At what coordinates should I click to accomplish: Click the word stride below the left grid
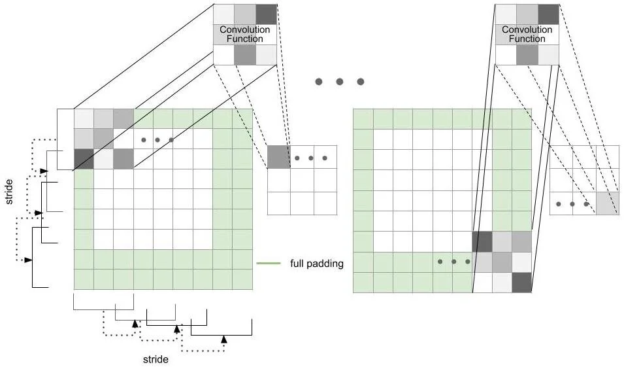click(x=156, y=359)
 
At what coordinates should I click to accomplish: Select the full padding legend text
click(x=317, y=264)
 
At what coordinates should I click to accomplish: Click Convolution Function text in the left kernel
click(x=245, y=34)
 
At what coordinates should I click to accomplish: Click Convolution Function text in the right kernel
click(x=527, y=34)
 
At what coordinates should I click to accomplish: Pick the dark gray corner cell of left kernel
click(x=266, y=14)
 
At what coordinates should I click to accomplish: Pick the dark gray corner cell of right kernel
click(x=548, y=14)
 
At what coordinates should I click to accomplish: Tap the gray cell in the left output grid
click(x=278, y=157)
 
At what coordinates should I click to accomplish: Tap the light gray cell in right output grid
click(x=607, y=203)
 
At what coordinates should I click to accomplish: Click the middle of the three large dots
click(x=340, y=82)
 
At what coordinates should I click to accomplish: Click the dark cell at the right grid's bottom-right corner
click(x=521, y=282)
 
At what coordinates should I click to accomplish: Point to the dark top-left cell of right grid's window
click(x=482, y=241)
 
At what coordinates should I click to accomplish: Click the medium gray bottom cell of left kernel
click(x=245, y=55)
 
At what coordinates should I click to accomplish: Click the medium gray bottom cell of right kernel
click(x=527, y=55)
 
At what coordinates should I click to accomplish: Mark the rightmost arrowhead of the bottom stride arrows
click(x=223, y=339)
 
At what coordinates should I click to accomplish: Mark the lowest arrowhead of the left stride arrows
click(x=28, y=260)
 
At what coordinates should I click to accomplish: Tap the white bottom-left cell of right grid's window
click(x=482, y=282)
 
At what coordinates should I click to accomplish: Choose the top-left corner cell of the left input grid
click(x=84, y=118)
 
